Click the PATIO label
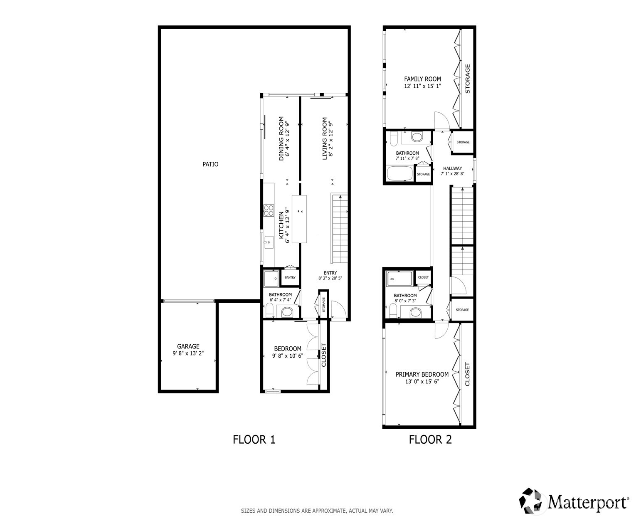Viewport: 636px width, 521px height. tap(210, 164)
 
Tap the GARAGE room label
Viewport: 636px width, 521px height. tap(188, 346)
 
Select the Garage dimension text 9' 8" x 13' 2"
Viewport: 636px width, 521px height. tap(188, 353)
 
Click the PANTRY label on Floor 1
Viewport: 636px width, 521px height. tap(290, 278)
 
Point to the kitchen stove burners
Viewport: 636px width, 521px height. tap(269, 210)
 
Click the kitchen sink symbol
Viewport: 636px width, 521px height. tap(269, 242)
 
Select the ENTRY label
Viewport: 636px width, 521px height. tap(330, 273)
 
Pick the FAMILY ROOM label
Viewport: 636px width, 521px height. tap(422, 79)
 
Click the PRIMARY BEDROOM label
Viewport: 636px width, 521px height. tap(422, 374)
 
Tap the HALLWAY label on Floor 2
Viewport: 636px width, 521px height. tap(452, 168)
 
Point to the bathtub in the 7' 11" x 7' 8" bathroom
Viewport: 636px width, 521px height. tap(400, 173)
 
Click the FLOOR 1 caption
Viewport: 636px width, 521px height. tap(254, 440)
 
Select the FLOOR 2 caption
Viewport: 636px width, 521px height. tap(430, 440)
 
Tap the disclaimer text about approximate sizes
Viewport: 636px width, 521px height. tap(317, 511)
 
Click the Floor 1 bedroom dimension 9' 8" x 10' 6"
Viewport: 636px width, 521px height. tap(288, 356)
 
